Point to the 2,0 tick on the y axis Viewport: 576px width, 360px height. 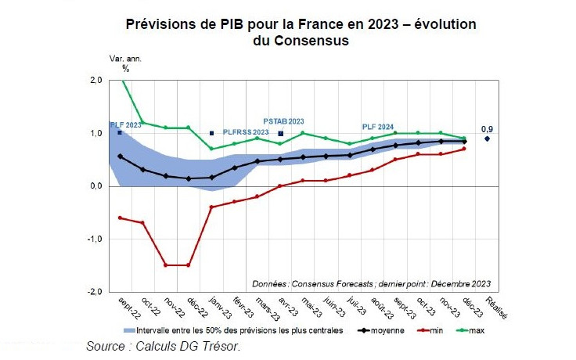click(x=95, y=80)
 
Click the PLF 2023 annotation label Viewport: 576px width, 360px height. click(x=125, y=124)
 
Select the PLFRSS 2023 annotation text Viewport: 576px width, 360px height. click(x=245, y=132)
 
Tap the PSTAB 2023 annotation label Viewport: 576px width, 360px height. click(x=283, y=122)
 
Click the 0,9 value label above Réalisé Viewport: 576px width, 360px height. click(x=487, y=129)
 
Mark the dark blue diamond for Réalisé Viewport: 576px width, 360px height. click(x=488, y=139)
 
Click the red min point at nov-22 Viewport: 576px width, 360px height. click(x=166, y=265)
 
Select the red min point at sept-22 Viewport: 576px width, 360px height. click(x=120, y=218)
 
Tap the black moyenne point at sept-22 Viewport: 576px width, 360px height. click(x=120, y=157)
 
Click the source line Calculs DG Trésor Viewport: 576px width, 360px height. click(x=163, y=346)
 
